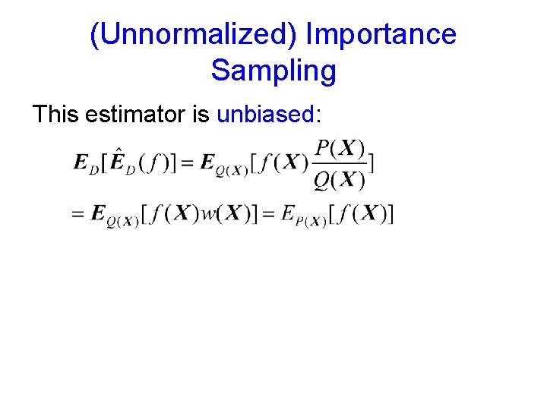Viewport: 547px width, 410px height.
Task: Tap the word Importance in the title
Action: (381, 35)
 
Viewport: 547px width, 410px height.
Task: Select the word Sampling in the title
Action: (273, 71)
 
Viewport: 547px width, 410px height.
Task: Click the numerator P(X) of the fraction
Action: (340, 147)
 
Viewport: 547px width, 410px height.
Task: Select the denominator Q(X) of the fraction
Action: (340, 180)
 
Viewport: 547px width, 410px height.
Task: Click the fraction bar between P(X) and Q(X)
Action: (340, 164)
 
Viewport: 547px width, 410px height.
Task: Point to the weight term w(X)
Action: (222, 214)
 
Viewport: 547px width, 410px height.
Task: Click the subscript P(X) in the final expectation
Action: (311, 222)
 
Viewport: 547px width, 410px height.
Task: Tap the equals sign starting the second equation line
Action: (77, 215)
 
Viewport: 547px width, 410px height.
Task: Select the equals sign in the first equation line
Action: (188, 163)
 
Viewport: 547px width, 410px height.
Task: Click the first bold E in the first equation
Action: (81, 163)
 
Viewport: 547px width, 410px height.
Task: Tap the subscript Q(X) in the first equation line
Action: (229, 170)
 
